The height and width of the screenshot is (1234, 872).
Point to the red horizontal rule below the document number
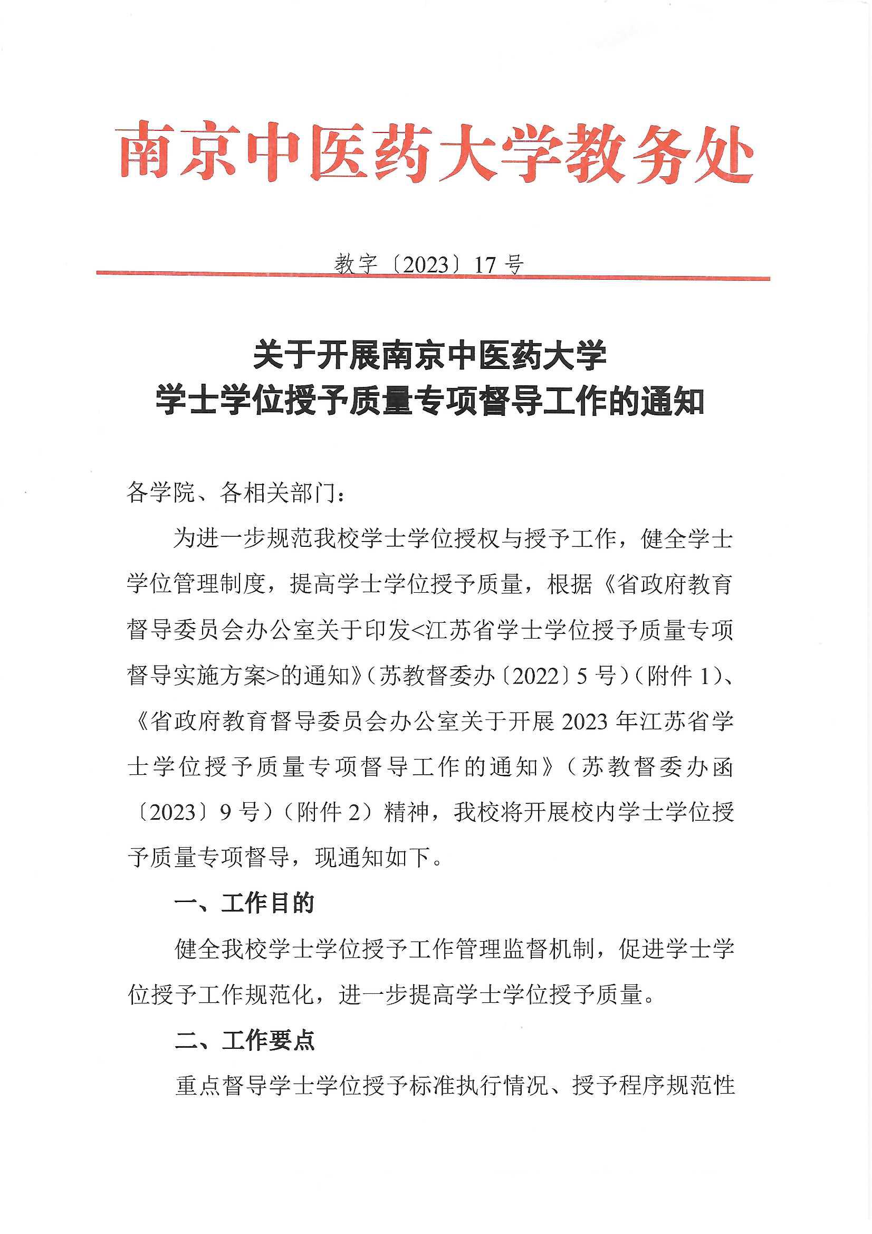[x=433, y=276]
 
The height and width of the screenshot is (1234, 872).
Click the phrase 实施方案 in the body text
[x=220, y=676]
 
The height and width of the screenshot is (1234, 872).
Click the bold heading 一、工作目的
[x=244, y=904]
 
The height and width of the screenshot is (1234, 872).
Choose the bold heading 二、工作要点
[x=244, y=1040]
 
